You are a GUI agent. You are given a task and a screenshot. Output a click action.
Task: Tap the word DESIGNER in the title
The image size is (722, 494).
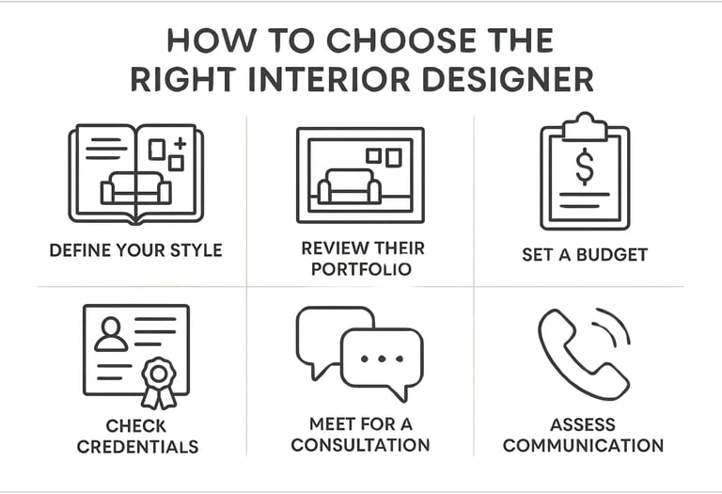click(516, 79)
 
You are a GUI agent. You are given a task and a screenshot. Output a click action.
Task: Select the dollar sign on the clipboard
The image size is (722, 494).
click(585, 167)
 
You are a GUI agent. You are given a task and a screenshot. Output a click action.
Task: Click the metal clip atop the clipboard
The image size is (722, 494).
click(585, 123)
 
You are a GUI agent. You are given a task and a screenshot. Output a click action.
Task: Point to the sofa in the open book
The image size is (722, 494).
click(135, 188)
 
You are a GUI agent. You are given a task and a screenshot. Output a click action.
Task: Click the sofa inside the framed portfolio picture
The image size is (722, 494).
click(349, 188)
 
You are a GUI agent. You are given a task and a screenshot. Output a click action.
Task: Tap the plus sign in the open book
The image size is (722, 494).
click(180, 144)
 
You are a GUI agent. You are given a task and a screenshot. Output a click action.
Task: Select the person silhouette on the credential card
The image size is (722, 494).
click(111, 333)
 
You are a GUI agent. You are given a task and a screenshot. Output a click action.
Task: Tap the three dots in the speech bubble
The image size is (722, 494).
click(382, 359)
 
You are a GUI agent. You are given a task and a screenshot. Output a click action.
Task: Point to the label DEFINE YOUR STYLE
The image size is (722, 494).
click(135, 251)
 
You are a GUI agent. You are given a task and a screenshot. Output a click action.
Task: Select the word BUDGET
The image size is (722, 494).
click(613, 255)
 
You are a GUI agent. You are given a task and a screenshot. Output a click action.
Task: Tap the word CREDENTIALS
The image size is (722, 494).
click(137, 446)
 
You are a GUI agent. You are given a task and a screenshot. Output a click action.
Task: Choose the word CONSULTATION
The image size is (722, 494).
click(360, 444)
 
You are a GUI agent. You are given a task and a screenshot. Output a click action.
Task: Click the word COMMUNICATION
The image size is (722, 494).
click(583, 445)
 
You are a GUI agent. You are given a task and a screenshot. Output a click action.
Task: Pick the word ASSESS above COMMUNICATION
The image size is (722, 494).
click(584, 424)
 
